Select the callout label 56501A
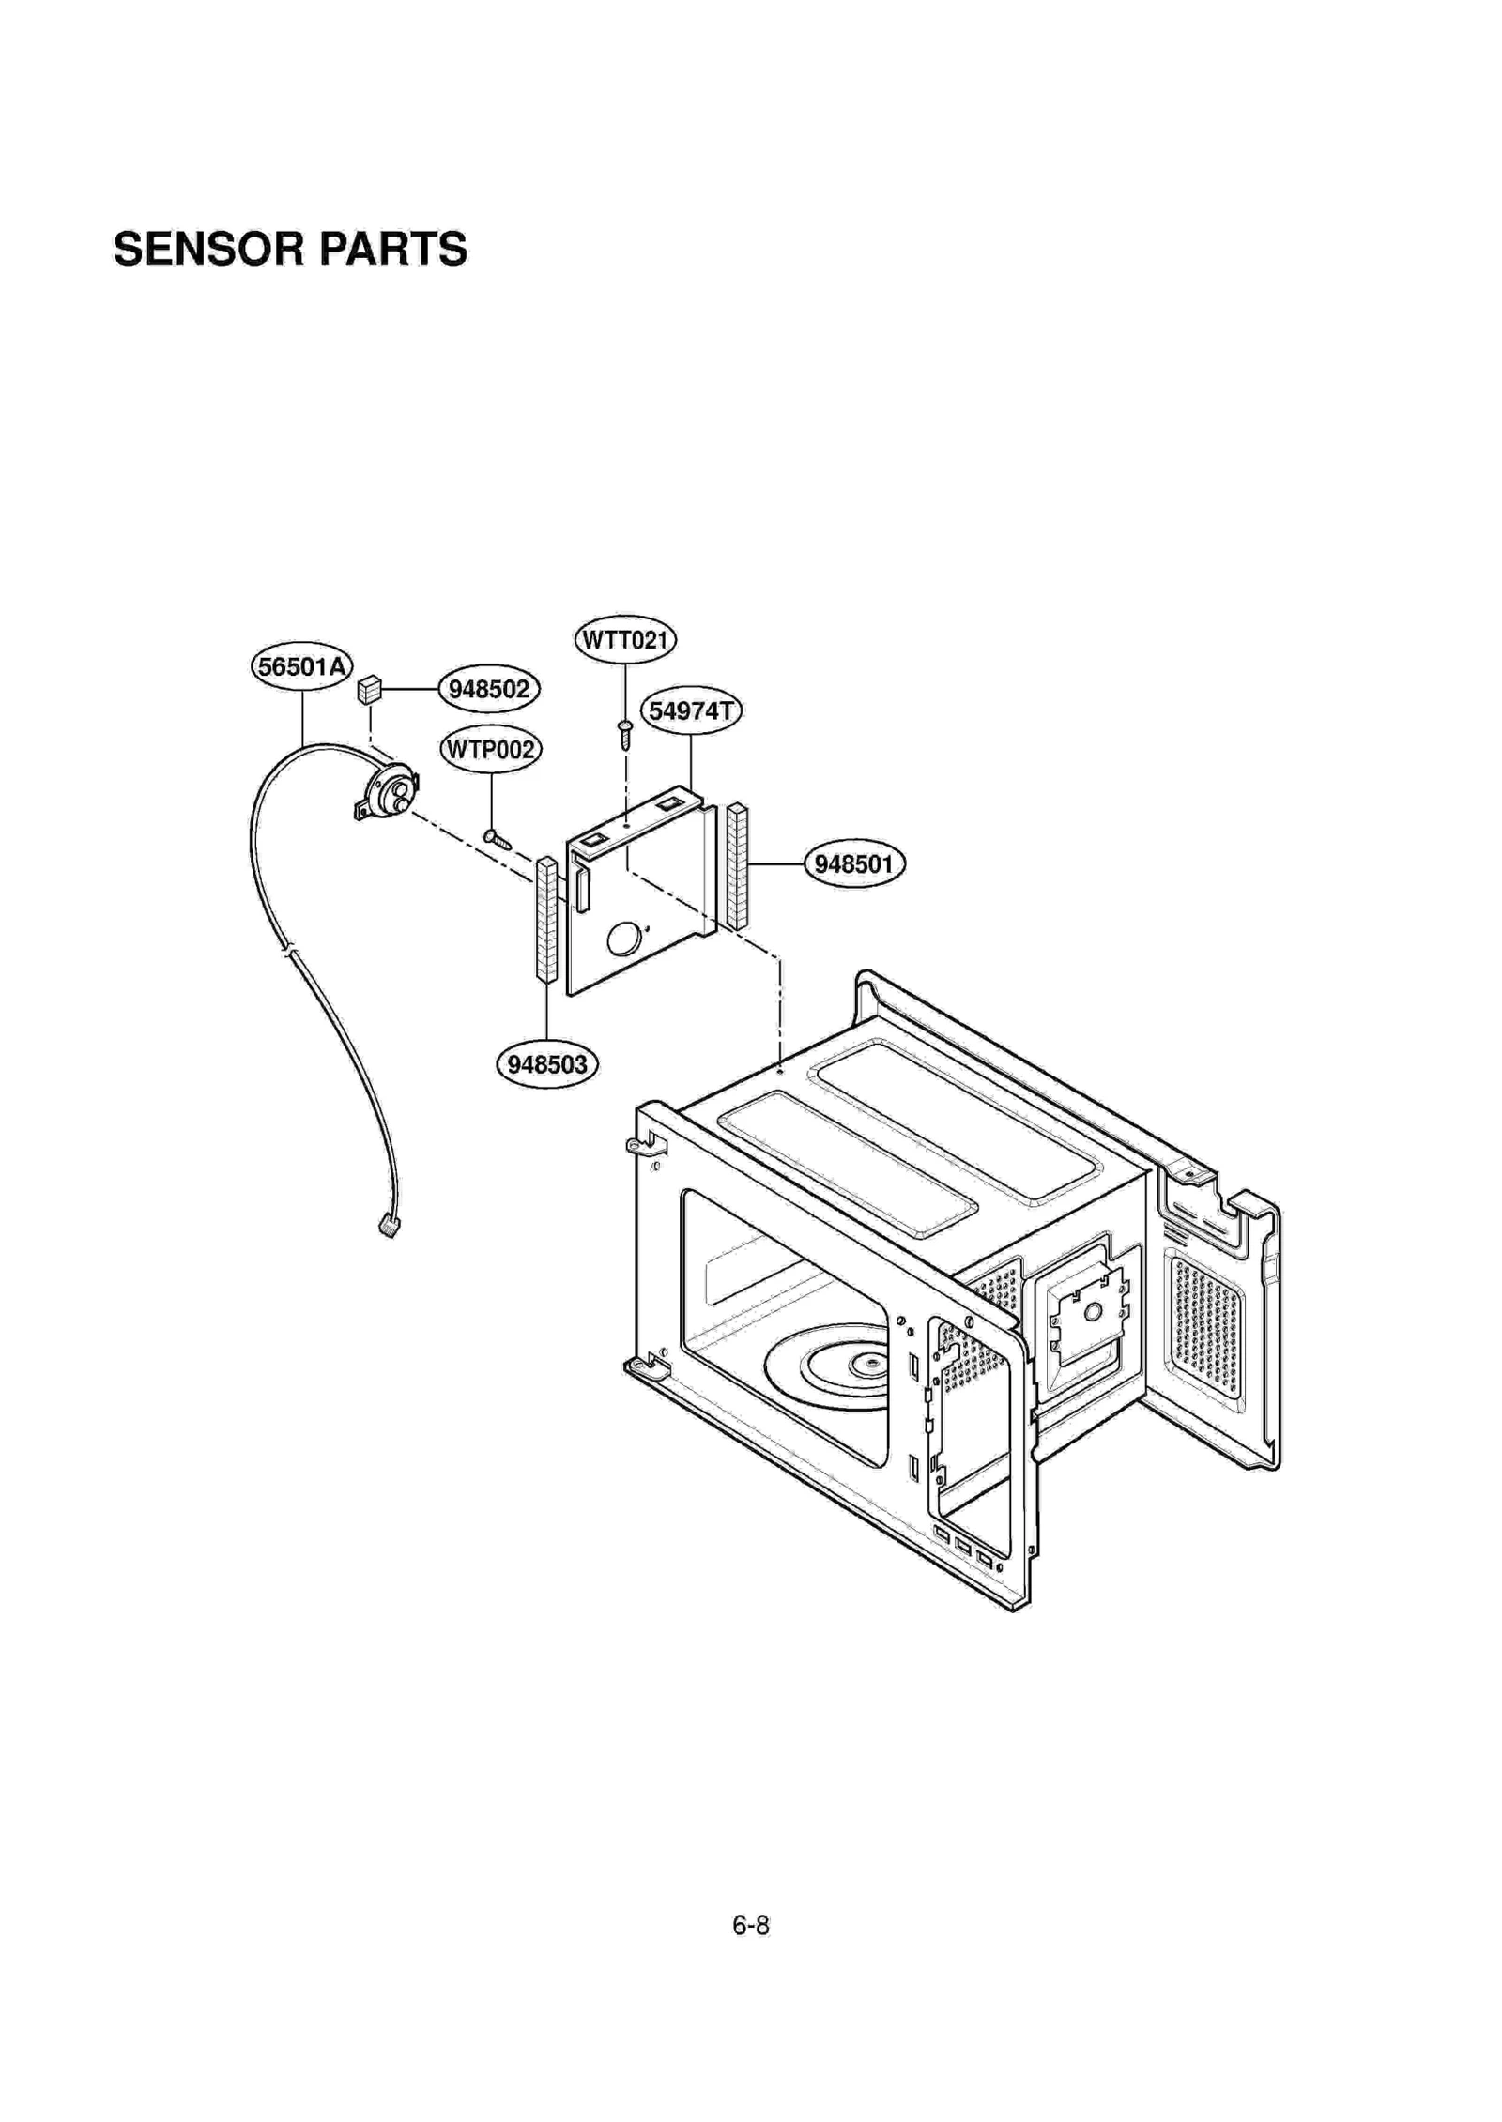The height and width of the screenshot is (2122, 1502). pyautogui.click(x=301, y=666)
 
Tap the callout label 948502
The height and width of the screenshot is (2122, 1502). pyautogui.click(x=488, y=689)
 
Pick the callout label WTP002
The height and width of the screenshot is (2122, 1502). pyautogui.click(x=490, y=749)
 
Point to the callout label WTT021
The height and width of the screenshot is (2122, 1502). pyautogui.click(x=624, y=640)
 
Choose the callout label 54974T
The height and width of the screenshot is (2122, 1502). pyautogui.click(x=691, y=710)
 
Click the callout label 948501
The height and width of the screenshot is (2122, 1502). pyautogui.click(x=853, y=863)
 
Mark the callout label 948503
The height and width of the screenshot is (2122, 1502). pyautogui.click(x=546, y=1064)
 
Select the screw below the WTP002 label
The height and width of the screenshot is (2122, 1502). pyautogui.click(x=497, y=837)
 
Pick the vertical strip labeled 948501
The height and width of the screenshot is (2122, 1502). pyautogui.click(x=738, y=865)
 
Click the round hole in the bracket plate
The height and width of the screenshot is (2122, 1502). pyautogui.click(x=621, y=937)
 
